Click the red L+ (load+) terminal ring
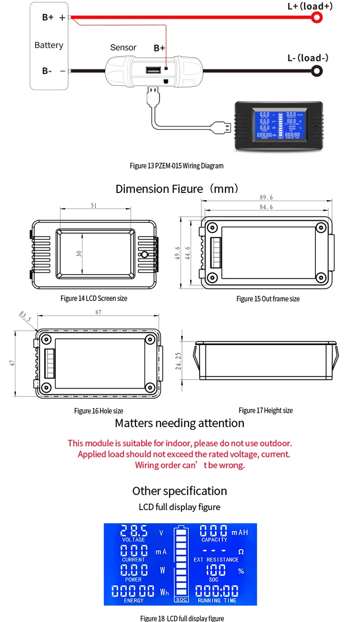pyautogui.click(x=317, y=18)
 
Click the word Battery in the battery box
pyautogui.click(x=48, y=45)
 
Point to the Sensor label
pyautogui.click(x=123, y=48)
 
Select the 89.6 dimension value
pyautogui.click(x=265, y=197)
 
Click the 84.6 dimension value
pyautogui.click(x=265, y=207)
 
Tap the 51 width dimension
pyautogui.click(x=94, y=205)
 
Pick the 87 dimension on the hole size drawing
pyautogui.click(x=98, y=312)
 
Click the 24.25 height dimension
pyautogui.click(x=178, y=361)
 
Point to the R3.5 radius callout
pyautogui.click(x=25, y=317)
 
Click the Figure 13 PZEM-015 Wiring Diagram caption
pyautogui.click(x=177, y=166)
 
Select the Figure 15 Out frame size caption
pyautogui.click(x=268, y=299)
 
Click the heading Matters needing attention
pyautogui.click(x=180, y=423)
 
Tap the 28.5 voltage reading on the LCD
pyautogui.click(x=134, y=531)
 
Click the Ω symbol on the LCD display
pyautogui.click(x=241, y=552)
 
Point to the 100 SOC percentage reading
pyautogui.click(x=216, y=570)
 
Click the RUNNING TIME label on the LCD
pyautogui.click(x=216, y=600)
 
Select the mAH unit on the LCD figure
pyautogui.click(x=240, y=532)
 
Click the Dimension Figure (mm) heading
pyautogui.click(x=177, y=188)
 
